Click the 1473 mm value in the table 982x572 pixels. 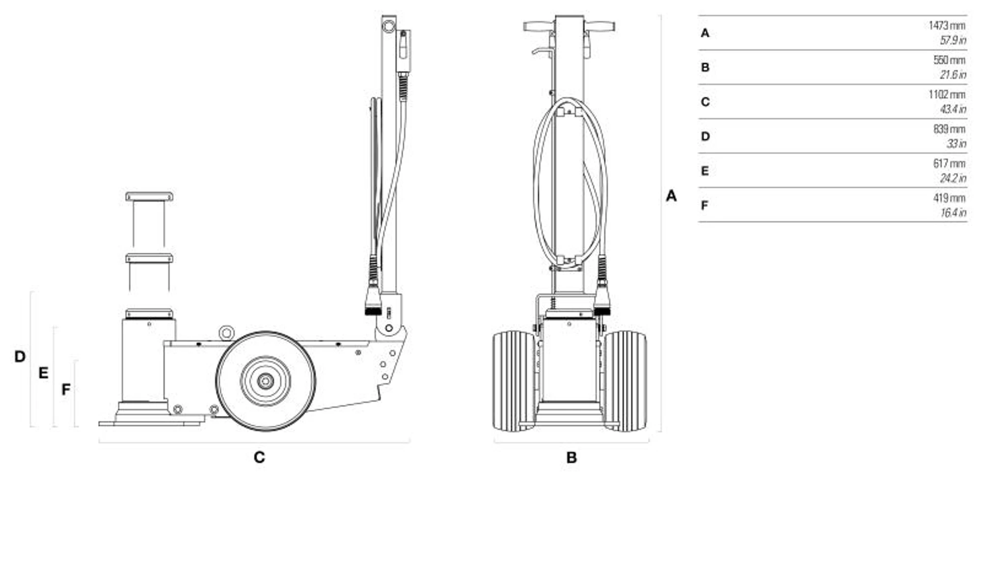947,26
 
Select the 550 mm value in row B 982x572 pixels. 949,60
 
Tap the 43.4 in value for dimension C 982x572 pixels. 953,109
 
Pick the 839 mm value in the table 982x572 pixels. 949,129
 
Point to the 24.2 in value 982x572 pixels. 953,178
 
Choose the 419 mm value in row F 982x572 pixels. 949,198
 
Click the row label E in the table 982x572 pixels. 705,171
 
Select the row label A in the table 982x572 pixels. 705,33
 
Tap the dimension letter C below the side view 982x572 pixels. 259,457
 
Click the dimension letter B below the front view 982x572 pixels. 571,457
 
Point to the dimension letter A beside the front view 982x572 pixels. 671,196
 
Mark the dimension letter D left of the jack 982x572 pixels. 20,356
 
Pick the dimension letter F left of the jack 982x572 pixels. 66,389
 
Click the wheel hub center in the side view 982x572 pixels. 266,381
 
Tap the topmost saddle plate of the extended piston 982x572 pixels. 149,196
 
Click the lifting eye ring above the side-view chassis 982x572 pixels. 226,333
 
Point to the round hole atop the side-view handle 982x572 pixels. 388,25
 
